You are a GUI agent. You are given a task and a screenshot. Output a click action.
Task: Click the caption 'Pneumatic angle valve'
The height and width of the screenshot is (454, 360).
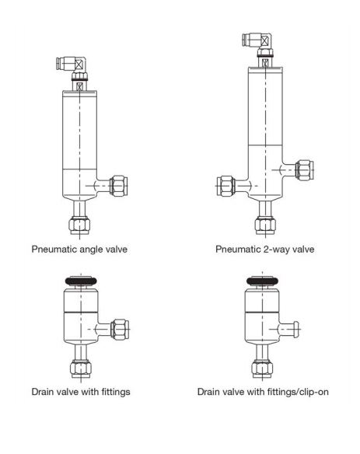coord(79,250)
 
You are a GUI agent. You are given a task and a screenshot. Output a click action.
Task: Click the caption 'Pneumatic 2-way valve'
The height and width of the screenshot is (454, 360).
coord(264,250)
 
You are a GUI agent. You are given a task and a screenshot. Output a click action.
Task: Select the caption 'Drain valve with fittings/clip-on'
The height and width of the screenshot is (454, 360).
coord(263,392)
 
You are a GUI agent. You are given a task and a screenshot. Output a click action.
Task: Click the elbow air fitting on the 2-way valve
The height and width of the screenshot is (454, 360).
coord(257,40)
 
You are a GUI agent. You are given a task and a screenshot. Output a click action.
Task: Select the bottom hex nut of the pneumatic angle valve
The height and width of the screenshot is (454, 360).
coord(79,225)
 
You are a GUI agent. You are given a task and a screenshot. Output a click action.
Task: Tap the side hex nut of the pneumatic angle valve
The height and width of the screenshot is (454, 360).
coord(119,186)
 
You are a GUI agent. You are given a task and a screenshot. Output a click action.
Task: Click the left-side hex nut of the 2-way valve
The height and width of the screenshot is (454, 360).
coord(225,186)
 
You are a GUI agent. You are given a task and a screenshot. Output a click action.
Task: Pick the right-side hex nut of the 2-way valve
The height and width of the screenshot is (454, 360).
coord(304,170)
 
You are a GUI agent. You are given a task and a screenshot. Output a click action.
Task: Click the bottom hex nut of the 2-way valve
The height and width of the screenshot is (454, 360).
coord(265,225)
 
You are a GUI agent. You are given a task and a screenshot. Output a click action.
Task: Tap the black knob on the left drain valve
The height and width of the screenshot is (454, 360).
coord(81,281)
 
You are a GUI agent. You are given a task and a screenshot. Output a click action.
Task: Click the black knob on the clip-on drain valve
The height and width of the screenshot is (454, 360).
coord(262,281)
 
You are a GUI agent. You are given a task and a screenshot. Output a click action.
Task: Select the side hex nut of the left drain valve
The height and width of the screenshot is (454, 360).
coord(120,329)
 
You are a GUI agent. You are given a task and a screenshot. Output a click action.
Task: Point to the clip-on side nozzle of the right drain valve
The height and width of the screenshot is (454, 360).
coord(289,329)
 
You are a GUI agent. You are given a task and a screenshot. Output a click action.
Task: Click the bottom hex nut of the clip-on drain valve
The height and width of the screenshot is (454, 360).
coord(262,368)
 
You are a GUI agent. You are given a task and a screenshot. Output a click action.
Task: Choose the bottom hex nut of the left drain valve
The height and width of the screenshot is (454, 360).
coord(81,368)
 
